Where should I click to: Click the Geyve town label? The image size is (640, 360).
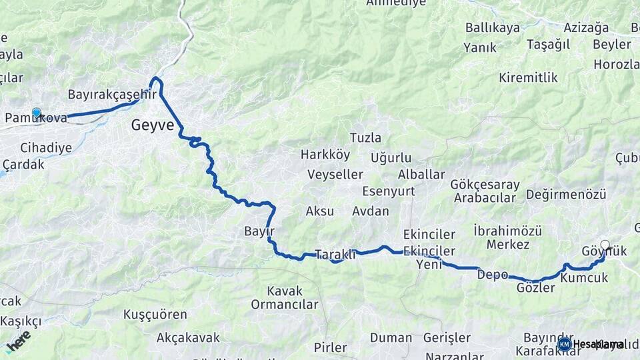point(153,125)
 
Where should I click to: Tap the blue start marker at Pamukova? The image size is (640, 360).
point(36,113)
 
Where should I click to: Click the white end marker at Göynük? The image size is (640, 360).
point(605,245)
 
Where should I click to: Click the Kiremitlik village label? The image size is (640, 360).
point(528,77)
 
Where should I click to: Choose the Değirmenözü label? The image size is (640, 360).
point(566,194)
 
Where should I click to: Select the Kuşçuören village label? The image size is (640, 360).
point(155,313)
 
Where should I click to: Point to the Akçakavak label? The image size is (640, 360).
point(188,337)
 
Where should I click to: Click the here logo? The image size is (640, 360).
point(19,341)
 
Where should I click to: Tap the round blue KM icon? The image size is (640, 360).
point(565,344)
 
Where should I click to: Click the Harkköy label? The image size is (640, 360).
point(325,155)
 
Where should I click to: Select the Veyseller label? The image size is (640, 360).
point(335,175)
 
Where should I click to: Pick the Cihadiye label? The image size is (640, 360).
point(46,147)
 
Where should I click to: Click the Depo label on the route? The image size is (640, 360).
point(493,275)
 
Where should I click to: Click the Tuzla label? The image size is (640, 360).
point(365,138)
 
